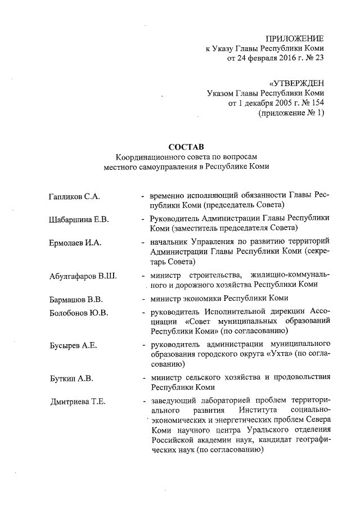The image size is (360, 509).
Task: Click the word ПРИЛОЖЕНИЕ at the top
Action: coord(295,38)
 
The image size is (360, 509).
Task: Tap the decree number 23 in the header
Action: coord(318,57)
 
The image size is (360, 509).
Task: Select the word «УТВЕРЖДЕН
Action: coord(296,83)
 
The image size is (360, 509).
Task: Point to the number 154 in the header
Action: coord(317,103)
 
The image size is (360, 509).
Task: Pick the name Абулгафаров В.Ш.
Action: coord(83,276)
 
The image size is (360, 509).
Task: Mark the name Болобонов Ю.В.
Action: coord(79,313)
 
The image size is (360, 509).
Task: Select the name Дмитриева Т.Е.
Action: coord(78,402)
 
